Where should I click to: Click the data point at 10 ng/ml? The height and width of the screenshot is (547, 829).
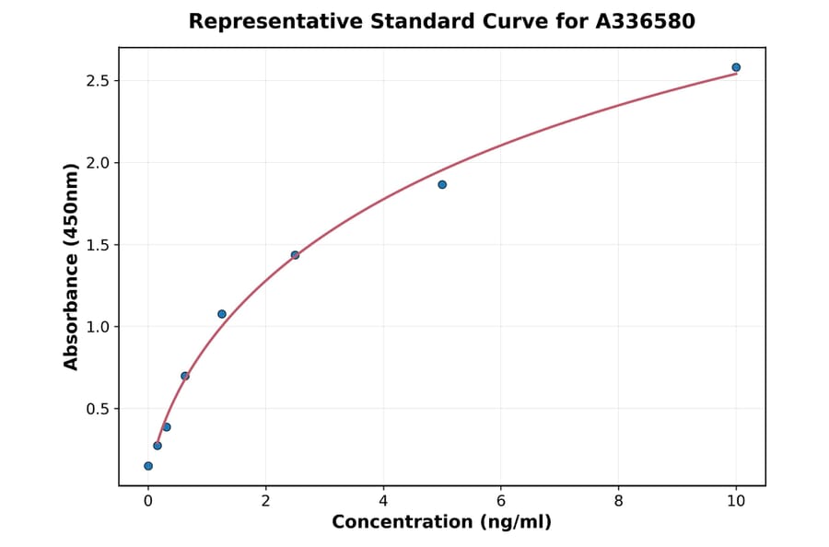(x=736, y=67)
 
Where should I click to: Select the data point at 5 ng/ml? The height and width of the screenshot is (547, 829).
(x=442, y=184)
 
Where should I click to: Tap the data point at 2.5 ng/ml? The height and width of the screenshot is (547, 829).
(x=295, y=255)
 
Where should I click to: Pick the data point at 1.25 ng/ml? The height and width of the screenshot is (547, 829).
(x=222, y=314)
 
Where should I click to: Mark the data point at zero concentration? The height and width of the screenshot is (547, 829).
(x=148, y=466)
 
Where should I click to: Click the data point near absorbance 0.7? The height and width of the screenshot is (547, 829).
(x=185, y=376)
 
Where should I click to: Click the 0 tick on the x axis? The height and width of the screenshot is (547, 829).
(x=148, y=500)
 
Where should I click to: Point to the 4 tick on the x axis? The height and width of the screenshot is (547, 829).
(x=383, y=500)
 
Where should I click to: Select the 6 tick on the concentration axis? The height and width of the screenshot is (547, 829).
(x=501, y=500)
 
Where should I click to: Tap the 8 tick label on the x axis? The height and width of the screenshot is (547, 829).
(x=618, y=500)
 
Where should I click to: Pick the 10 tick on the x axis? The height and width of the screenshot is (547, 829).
(x=736, y=500)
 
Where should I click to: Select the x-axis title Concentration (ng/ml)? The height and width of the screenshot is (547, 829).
(x=441, y=522)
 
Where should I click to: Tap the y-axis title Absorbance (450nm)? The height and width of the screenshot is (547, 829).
(x=72, y=267)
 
